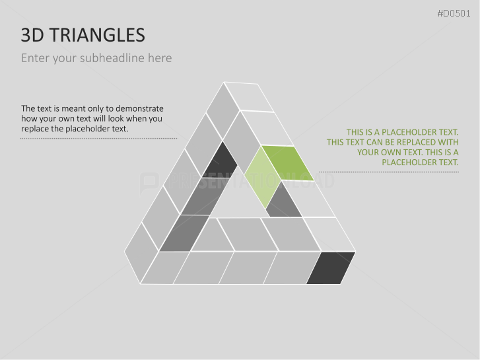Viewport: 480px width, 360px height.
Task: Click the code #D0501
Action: click(x=456, y=13)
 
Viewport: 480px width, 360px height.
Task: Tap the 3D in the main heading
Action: click(x=30, y=35)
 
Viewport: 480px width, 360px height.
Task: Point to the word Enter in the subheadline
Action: click(x=35, y=58)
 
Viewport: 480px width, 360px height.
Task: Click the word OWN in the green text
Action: click(x=391, y=152)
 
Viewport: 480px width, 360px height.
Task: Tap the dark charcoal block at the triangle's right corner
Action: click(x=330, y=267)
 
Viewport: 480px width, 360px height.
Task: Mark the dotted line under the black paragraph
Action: click(x=99, y=139)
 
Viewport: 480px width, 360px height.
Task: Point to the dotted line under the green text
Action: click(x=394, y=172)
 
